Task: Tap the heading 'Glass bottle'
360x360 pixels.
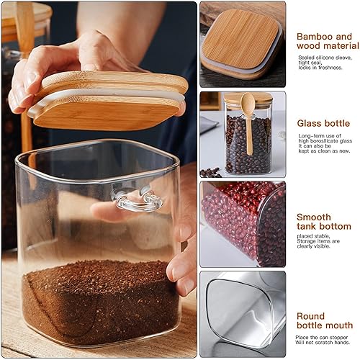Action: (x=324, y=123)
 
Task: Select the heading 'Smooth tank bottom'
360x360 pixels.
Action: (x=323, y=222)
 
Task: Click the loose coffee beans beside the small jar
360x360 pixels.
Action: (x=210, y=172)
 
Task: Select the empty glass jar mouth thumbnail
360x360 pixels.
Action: (x=242, y=313)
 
